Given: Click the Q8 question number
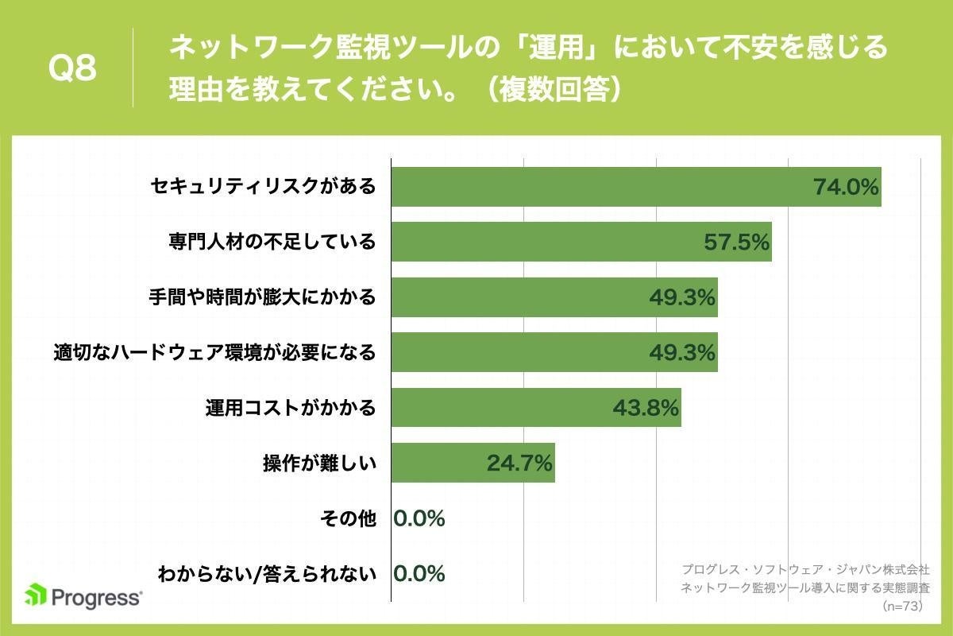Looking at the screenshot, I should [72, 69].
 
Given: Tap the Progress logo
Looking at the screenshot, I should [84, 595].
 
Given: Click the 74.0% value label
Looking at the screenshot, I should [846, 188].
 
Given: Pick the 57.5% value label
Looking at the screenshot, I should [737, 242].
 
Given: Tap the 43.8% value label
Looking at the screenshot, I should [646, 408].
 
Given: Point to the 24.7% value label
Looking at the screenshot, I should [519, 463].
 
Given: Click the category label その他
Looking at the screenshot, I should [347, 518].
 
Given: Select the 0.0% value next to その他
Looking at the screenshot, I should [419, 518].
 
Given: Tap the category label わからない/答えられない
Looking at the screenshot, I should [267, 573].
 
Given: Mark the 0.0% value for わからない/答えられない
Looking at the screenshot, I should [419, 573].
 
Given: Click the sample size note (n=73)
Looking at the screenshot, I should [905, 606].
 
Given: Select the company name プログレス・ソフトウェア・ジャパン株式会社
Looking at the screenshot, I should [805, 569].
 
